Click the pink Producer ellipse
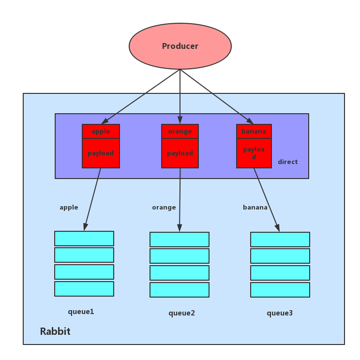pyautogui.click(x=180, y=46)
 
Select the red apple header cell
pyautogui.click(x=101, y=132)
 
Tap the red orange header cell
pyautogui.click(x=180, y=132)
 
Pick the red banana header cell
pyautogui.click(x=254, y=132)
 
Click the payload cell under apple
pyautogui.click(x=101, y=153)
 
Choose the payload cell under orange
pyautogui.click(x=180, y=153)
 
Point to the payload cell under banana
pyautogui.click(x=254, y=153)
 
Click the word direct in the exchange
pyautogui.click(x=288, y=162)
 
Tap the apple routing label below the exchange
pyautogui.click(x=69, y=208)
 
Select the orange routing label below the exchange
pyautogui.click(x=164, y=208)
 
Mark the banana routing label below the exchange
pyautogui.click(x=255, y=208)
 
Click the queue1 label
pyautogui.click(x=81, y=312)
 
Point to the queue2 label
pyautogui.click(x=182, y=313)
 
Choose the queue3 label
pyautogui.click(x=280, y=313)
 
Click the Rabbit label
pyautogui.click(x=55, y=331)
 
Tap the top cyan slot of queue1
pyautogui.click(x=84, y=239)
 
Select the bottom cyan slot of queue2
pyautogui.click(x=180, y=290)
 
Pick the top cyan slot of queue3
pyautogui.click(x=280, y=240)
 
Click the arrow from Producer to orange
pyautogui.click(x=180, y=97)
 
